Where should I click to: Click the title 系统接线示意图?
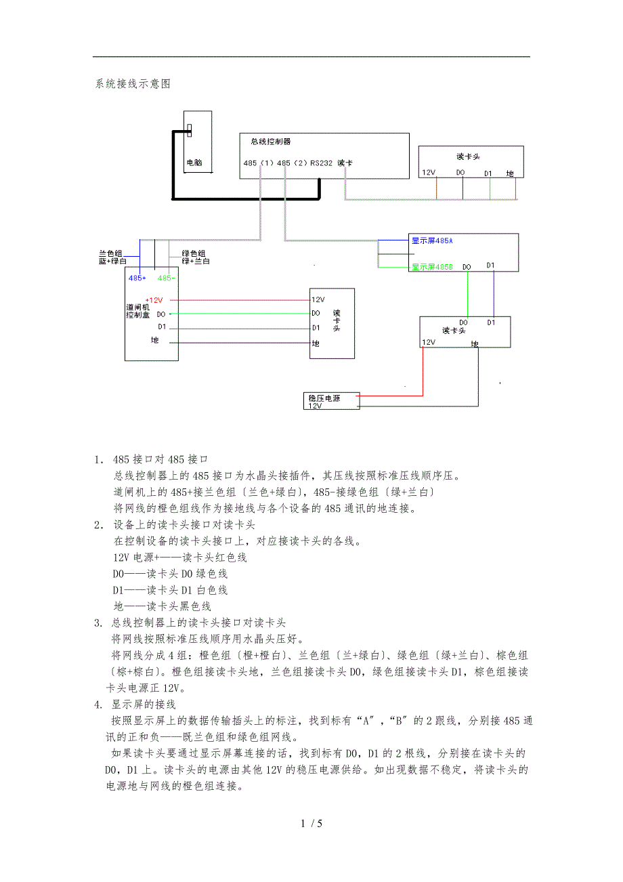click(x=133, y=84)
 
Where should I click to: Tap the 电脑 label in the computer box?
click(x=194, y=163)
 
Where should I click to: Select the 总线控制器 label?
click(x=271, y=142)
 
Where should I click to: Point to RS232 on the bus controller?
click(x=321, y=163)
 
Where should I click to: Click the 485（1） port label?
click(x=259, y=163)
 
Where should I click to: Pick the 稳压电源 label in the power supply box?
click(x=324, y=398)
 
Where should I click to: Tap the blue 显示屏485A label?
click(x=432, y=240)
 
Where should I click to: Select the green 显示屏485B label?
click(x=432, y=267)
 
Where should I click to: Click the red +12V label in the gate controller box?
click(x=154, y=299)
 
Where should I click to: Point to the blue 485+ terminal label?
click(x=137, y=278)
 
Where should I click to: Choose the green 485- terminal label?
click(x=166, y=278)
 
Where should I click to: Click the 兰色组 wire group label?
click(x=110, y=253)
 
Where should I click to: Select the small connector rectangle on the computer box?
click(x=190, y=129)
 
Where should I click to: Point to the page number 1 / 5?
click(x=311, y=824)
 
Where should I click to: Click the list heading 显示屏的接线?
click(x=144, y=705)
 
